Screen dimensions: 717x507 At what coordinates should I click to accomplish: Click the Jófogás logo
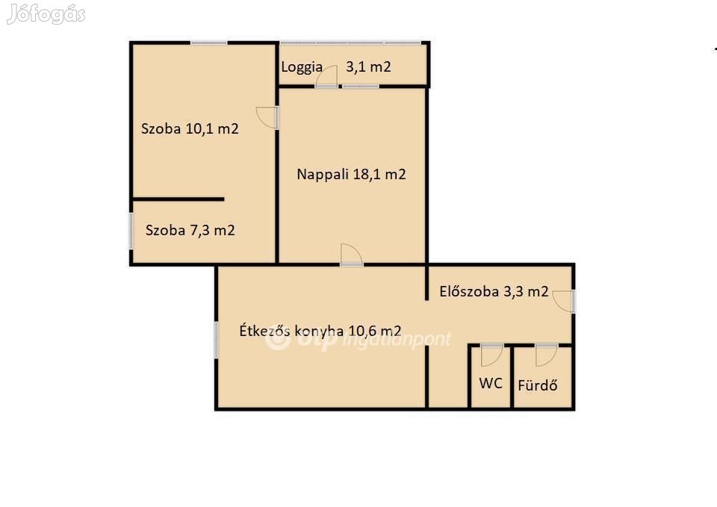46,14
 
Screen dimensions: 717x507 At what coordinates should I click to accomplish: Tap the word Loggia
302,67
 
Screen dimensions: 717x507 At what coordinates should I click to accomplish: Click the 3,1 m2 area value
368,66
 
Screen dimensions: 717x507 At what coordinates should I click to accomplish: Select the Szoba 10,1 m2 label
190,128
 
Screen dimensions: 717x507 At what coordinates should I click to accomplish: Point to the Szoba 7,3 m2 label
190,230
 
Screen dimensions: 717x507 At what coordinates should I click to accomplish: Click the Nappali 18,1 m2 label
351,174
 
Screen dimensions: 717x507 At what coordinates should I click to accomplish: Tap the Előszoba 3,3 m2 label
494,291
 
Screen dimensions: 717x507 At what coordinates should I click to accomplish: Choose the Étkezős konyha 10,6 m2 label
320,331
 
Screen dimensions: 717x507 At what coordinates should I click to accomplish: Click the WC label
491,383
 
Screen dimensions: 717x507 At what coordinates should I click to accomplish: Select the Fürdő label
537,385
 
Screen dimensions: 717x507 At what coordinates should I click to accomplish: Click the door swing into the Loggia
326,76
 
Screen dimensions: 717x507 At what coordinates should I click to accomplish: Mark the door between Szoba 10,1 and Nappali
267,117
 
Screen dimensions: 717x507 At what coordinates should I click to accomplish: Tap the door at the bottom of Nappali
351,255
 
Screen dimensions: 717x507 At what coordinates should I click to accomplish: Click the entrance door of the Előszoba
564,301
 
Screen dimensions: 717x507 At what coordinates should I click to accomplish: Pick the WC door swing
492,355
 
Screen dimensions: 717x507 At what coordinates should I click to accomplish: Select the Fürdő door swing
547,355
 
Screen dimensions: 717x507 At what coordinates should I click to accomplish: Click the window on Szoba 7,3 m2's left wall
131,231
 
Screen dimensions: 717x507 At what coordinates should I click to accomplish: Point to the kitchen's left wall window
217,340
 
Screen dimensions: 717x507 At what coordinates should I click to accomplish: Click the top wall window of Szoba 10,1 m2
209,43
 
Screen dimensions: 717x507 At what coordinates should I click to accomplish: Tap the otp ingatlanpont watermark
358,339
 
